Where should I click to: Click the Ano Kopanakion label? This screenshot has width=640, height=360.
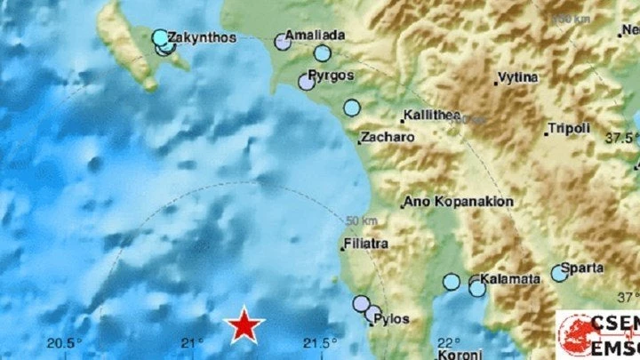coord(460,202)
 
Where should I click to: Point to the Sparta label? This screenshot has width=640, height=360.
coord(588,267)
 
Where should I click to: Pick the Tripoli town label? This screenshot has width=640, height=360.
coord(569,129)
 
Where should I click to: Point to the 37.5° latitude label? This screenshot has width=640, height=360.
coord(624,138)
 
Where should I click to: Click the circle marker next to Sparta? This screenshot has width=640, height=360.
coord(559,273)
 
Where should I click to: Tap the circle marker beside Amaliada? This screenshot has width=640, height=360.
coord(284,41)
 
